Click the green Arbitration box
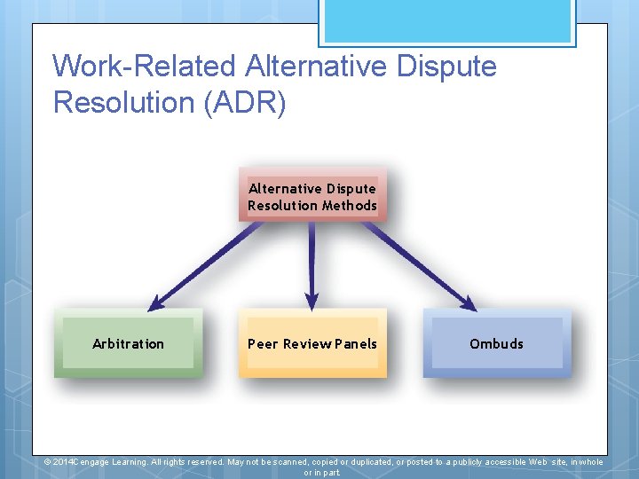128,343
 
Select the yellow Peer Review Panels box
312,343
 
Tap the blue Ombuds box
496,343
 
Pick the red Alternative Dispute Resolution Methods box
312,196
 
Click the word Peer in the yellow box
264,344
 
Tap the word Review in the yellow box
308,344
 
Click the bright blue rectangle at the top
446,20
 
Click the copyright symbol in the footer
48,462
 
